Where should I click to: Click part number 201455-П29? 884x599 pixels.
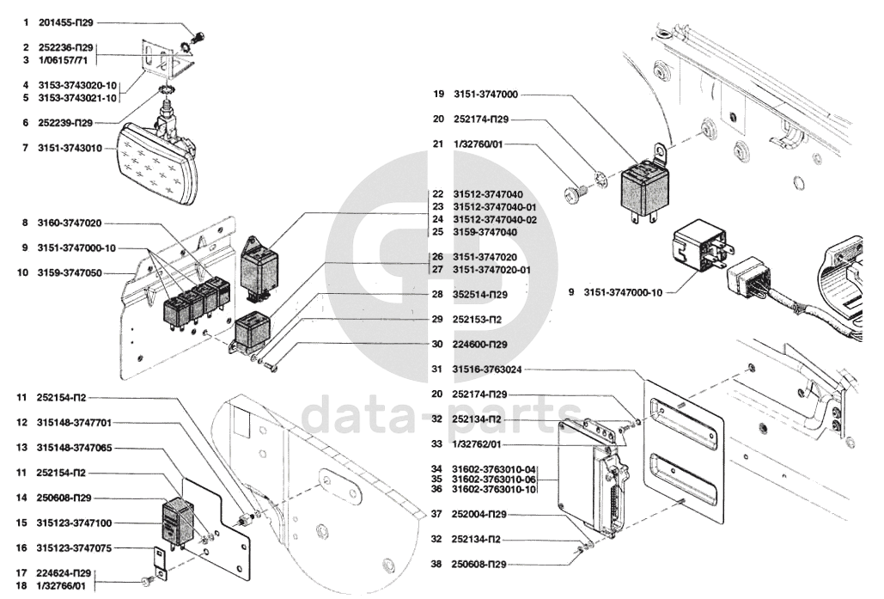(71, 22)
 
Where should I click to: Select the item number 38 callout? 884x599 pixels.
(436, 565)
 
